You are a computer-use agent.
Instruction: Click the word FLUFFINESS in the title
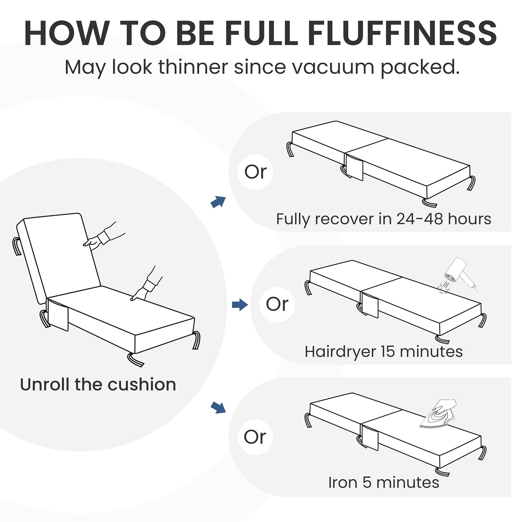402,33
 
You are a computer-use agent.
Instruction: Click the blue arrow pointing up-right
218,202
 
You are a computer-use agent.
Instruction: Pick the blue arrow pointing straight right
240,305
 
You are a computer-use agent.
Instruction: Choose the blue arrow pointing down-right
218,407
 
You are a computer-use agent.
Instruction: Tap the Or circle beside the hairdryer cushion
277,304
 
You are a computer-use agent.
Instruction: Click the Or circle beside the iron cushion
255,437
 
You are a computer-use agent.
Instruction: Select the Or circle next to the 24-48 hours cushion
255,172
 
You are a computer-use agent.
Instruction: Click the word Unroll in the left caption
45,384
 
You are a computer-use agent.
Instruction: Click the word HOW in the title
67,33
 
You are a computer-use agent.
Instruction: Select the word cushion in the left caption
142,384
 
